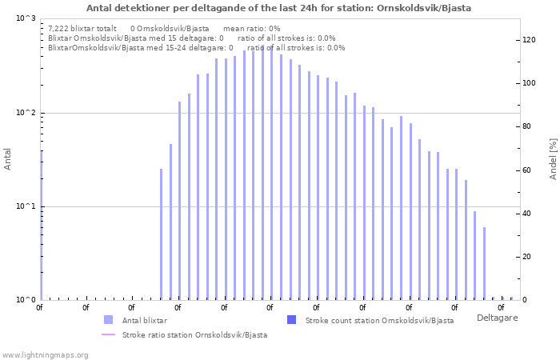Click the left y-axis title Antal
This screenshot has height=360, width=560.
8,159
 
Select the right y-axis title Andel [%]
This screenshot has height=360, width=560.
553,158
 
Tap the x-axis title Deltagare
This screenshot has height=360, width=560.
497,318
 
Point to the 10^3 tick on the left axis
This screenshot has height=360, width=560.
26,18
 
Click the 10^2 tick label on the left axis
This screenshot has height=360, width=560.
26,113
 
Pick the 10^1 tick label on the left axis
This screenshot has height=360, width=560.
26,206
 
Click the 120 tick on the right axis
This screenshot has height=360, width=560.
529,39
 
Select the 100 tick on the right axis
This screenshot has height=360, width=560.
529,83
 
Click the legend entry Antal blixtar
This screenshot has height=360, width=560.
144,320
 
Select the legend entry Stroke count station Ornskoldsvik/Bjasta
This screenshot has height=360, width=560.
379,320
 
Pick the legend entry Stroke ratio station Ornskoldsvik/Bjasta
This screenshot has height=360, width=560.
194,334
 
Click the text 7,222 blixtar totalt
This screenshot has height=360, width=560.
82,28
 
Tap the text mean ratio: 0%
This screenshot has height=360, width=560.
251,28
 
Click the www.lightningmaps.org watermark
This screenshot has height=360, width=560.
45,354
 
